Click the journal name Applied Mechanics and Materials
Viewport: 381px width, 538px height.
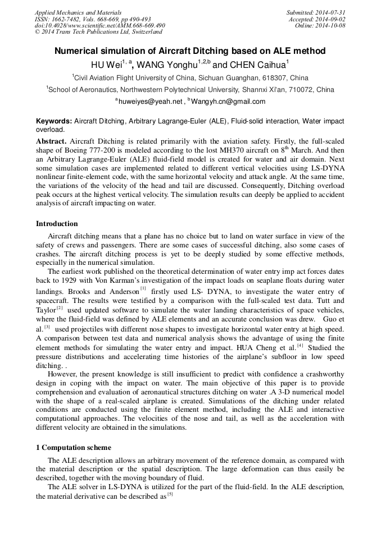[71, 12]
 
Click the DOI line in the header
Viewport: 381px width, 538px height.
[99, 26]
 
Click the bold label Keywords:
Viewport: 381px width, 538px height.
[54, 121]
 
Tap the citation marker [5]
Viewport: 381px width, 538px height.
[170, 494]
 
